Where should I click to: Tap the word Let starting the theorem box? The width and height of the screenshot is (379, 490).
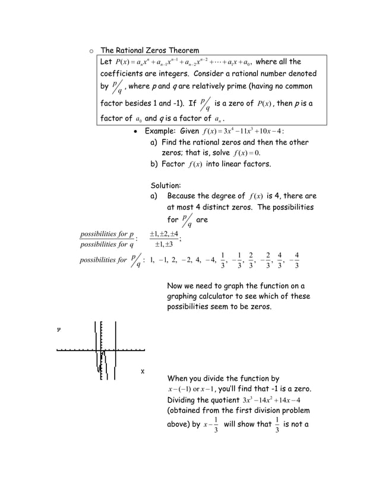106,62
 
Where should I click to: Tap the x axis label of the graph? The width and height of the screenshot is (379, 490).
143,371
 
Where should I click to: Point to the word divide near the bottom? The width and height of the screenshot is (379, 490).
226,378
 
